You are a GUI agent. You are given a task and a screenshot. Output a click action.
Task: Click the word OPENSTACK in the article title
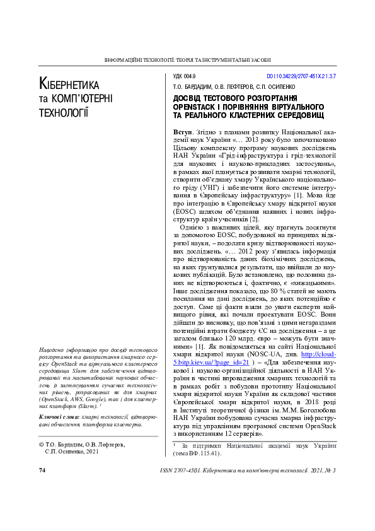[200, 108]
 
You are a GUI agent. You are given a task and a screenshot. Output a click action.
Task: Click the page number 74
[42, 470]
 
